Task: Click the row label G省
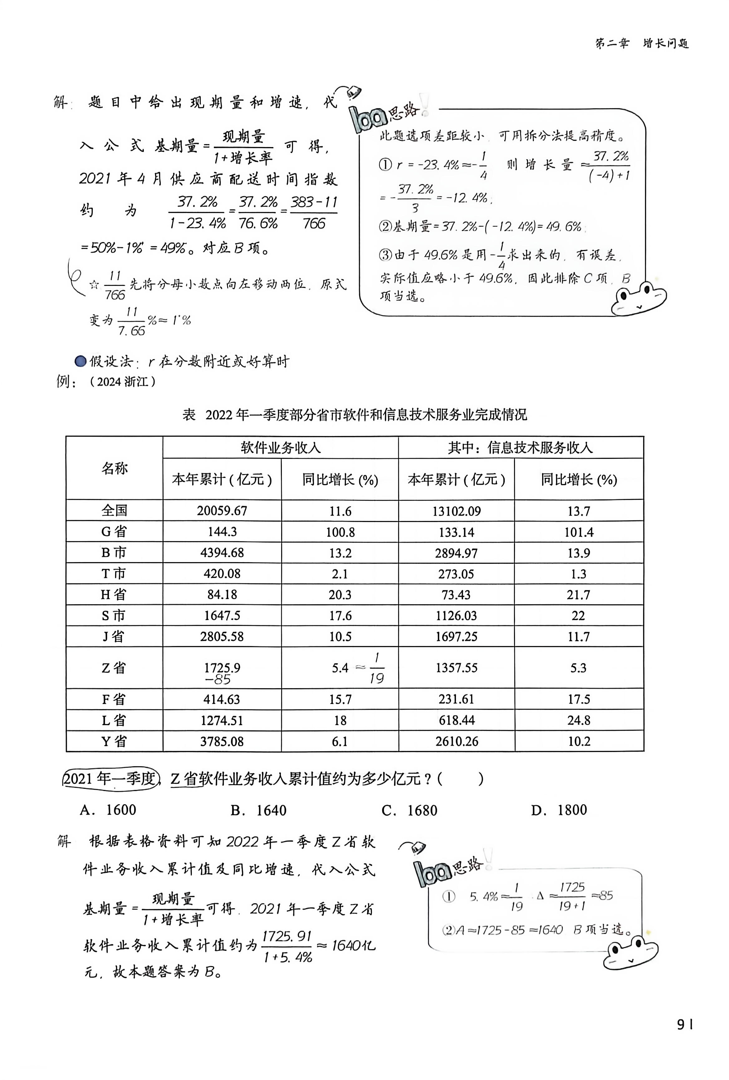(114, 532)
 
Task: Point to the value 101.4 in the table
(579, 532)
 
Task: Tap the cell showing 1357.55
(456, 668)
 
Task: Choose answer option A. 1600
(108, 810)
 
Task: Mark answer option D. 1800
(559, 810)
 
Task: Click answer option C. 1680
(409, 810)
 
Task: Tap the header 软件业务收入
(280, 448)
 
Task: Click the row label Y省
(114, 741)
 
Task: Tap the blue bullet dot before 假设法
(81, 361)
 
